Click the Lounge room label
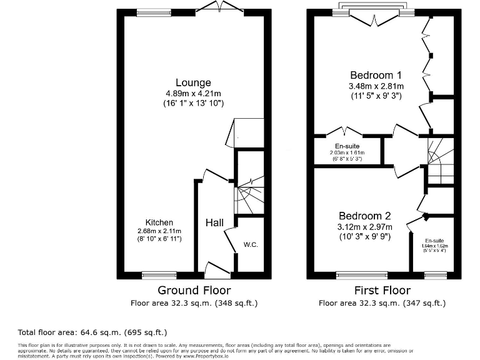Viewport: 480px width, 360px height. click(x=193, y=82)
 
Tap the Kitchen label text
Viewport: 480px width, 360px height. click(x=159, y=222)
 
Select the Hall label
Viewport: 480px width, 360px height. click(x=215, y=222)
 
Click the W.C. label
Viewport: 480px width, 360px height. click(x=251, y=244)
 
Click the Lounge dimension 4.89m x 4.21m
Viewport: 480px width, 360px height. click(x=193, y=93)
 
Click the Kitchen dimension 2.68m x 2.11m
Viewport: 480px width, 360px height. click(x=159, y=231)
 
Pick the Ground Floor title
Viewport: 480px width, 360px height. click(x=194, y=291)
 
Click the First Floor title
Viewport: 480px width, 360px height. click(x=381, y=291)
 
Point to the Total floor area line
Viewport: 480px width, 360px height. click(x=92, y=332)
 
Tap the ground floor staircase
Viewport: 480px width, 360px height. click(x=248, y=197)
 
